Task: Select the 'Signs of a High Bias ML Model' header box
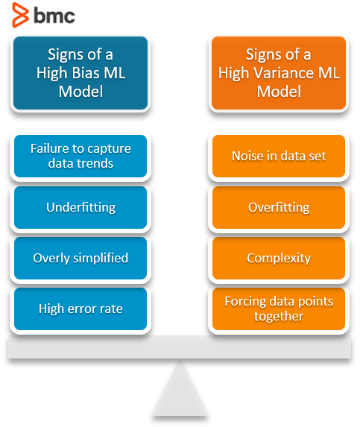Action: click(80, 73)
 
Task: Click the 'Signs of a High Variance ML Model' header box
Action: click(279, 73)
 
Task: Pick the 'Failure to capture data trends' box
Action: click(80, 156)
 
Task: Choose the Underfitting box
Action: click(80, 207)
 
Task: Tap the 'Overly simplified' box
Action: click(80, 258)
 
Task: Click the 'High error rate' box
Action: click(80, 308)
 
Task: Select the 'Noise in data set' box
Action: click(279, 156)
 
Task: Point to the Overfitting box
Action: click(279, 207)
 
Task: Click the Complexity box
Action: click(279, 258)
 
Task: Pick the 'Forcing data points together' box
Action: click(279, 309)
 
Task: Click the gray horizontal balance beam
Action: click(180, 348)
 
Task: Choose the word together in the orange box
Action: click(279, 316)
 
